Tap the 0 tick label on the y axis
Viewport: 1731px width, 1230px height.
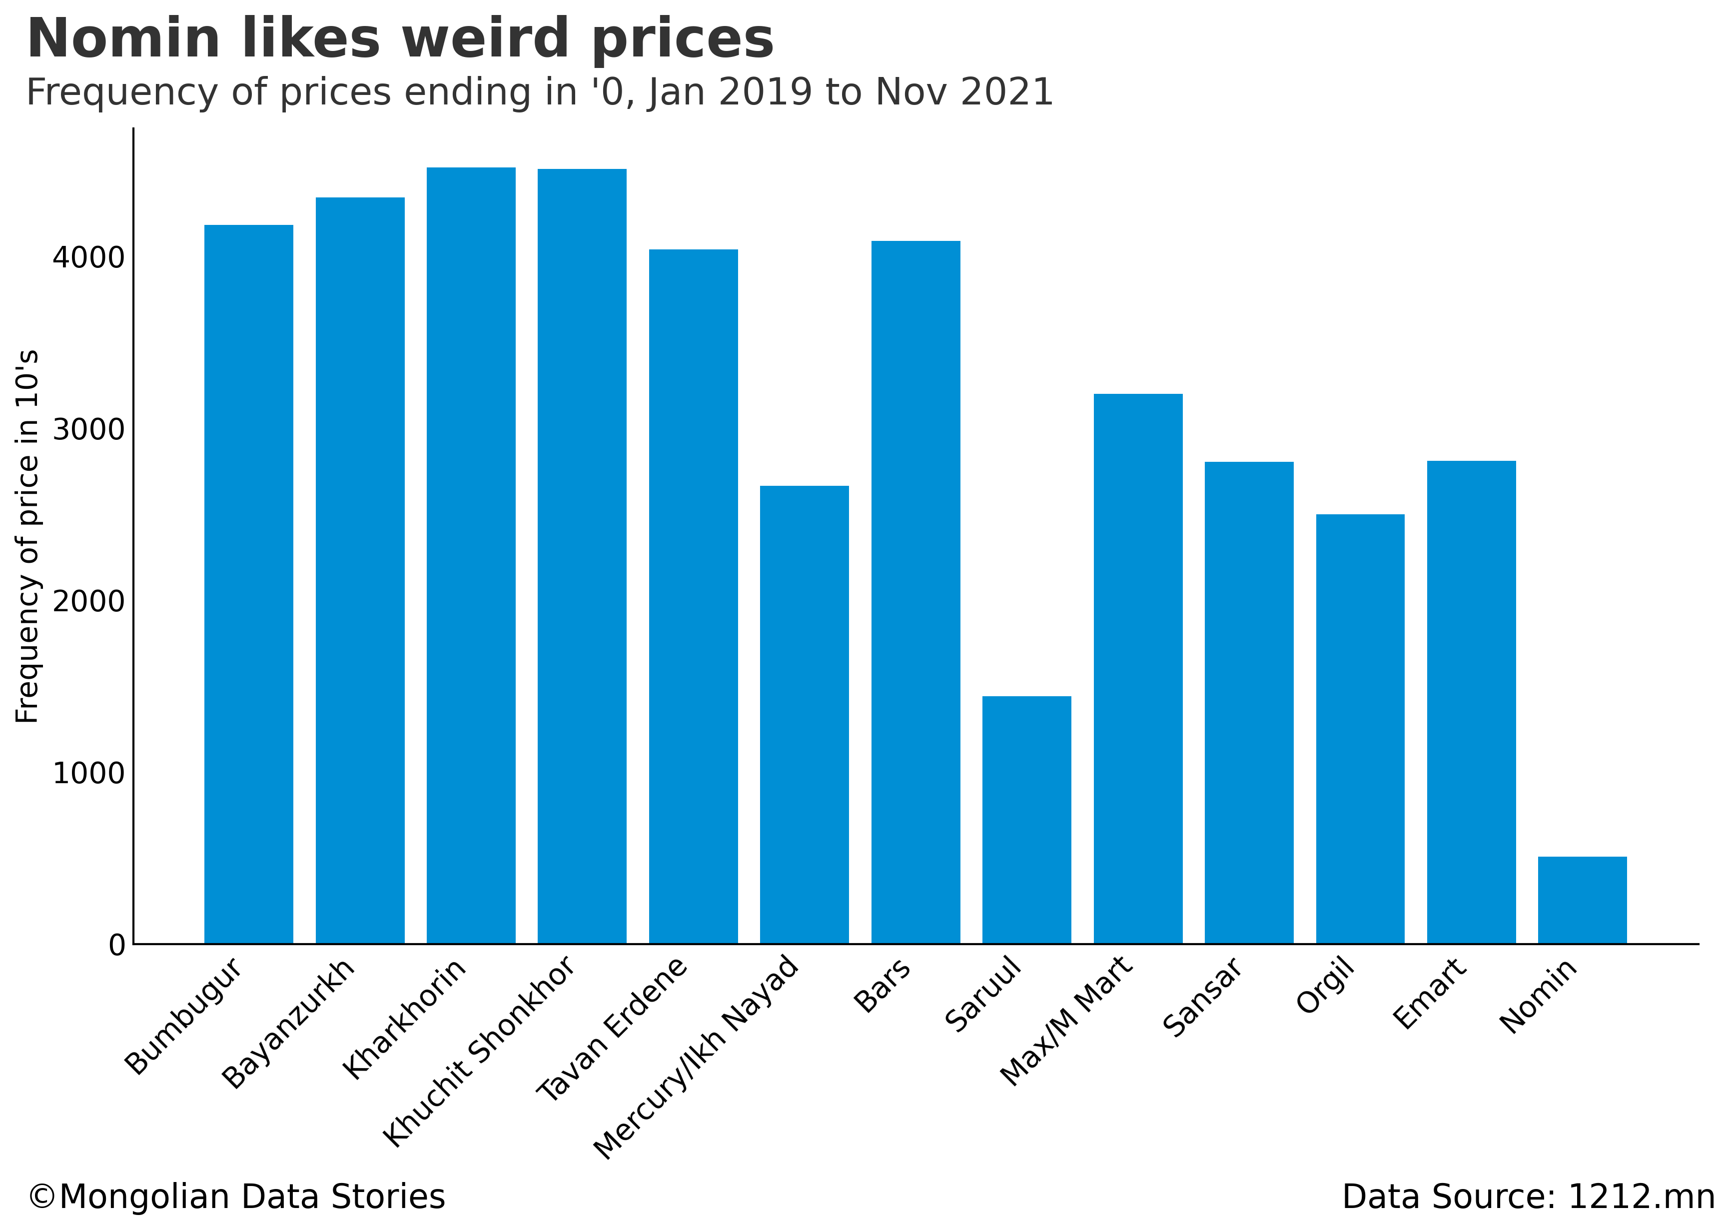coord(116,945)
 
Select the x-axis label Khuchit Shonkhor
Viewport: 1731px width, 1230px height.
coord(479,1053)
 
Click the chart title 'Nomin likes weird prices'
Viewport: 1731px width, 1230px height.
coord(400,39)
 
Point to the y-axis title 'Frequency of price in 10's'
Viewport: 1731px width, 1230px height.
coord(27,536)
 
